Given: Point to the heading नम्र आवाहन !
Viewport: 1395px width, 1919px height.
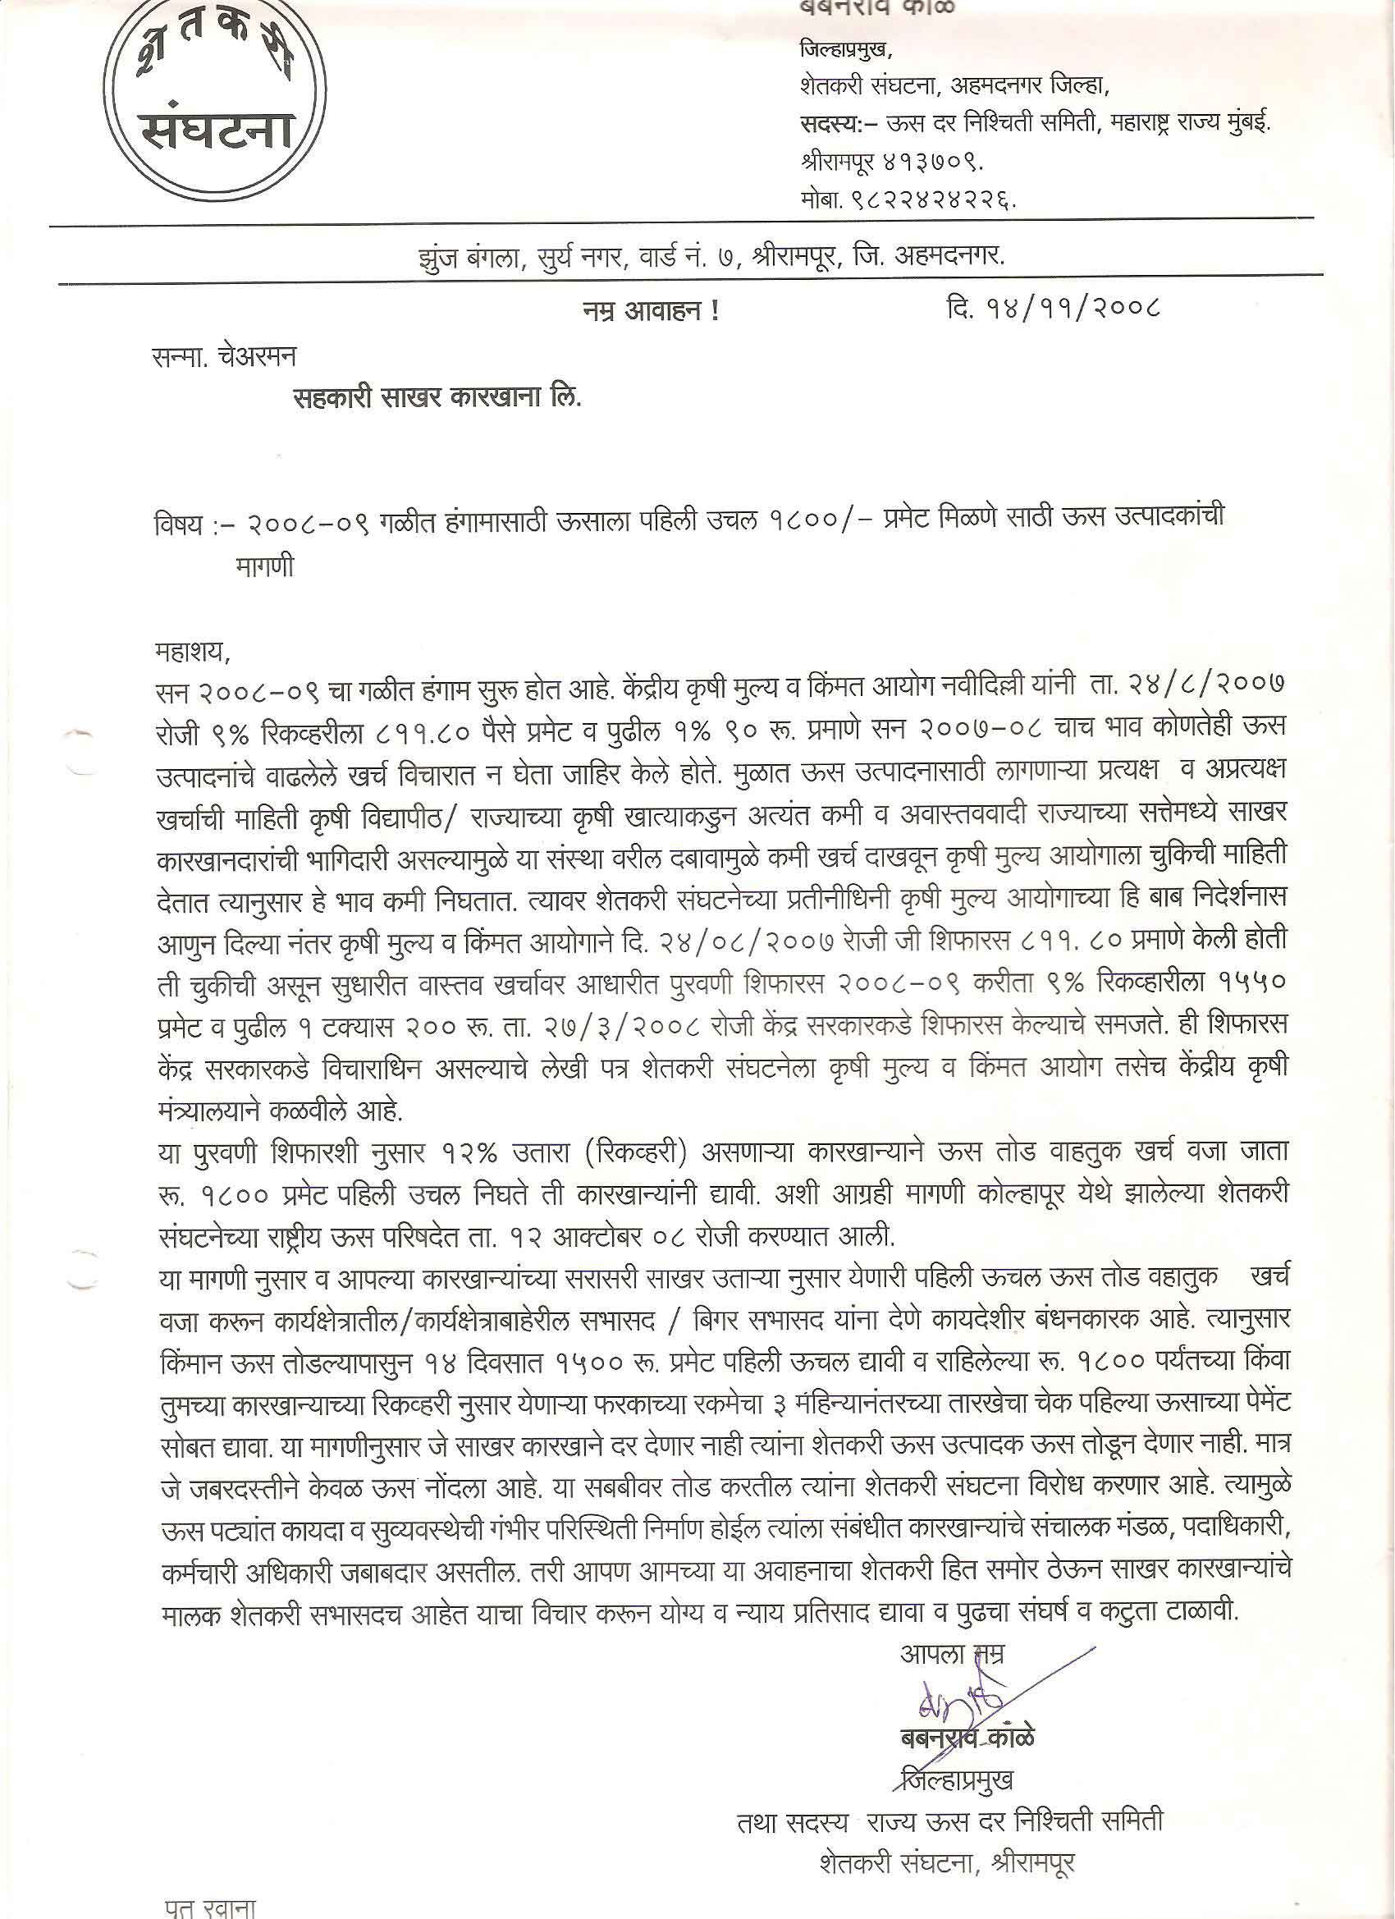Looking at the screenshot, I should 644,312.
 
